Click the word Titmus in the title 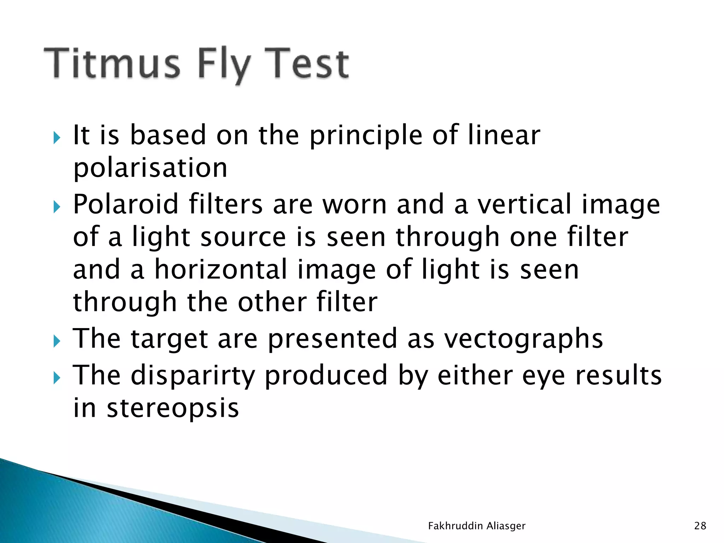pyautogui.click(x=112, y=64)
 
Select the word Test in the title pyautogui.click(x=306, y=64)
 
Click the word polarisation pyautogui.click(x=150, y=168)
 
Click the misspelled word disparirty pyautogui.click(x=193, y=376)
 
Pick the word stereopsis pyautogui.click(x=173, y=408)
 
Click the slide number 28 pyautogui.click(x=700, y=526)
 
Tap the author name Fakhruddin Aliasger pyautogui.click(x=477, y=526)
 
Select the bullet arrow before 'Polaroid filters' pyautogui.click(x=57, y=206)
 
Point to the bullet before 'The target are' pyautogui.click(x=57, y=341)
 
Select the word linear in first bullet pyautogui.click(x=504, y=135)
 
